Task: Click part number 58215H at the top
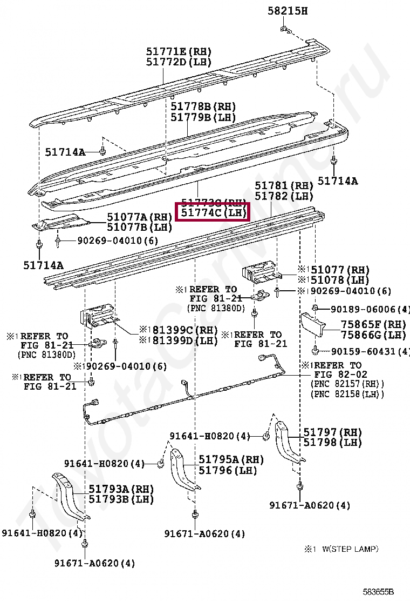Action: click(x=288, y=10)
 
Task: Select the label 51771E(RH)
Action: click(x=179, y=52)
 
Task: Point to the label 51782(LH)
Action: click(x=284, y=196)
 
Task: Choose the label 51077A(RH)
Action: click(x=139, y=217)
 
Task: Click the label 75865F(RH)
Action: click(x=373, y=325)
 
